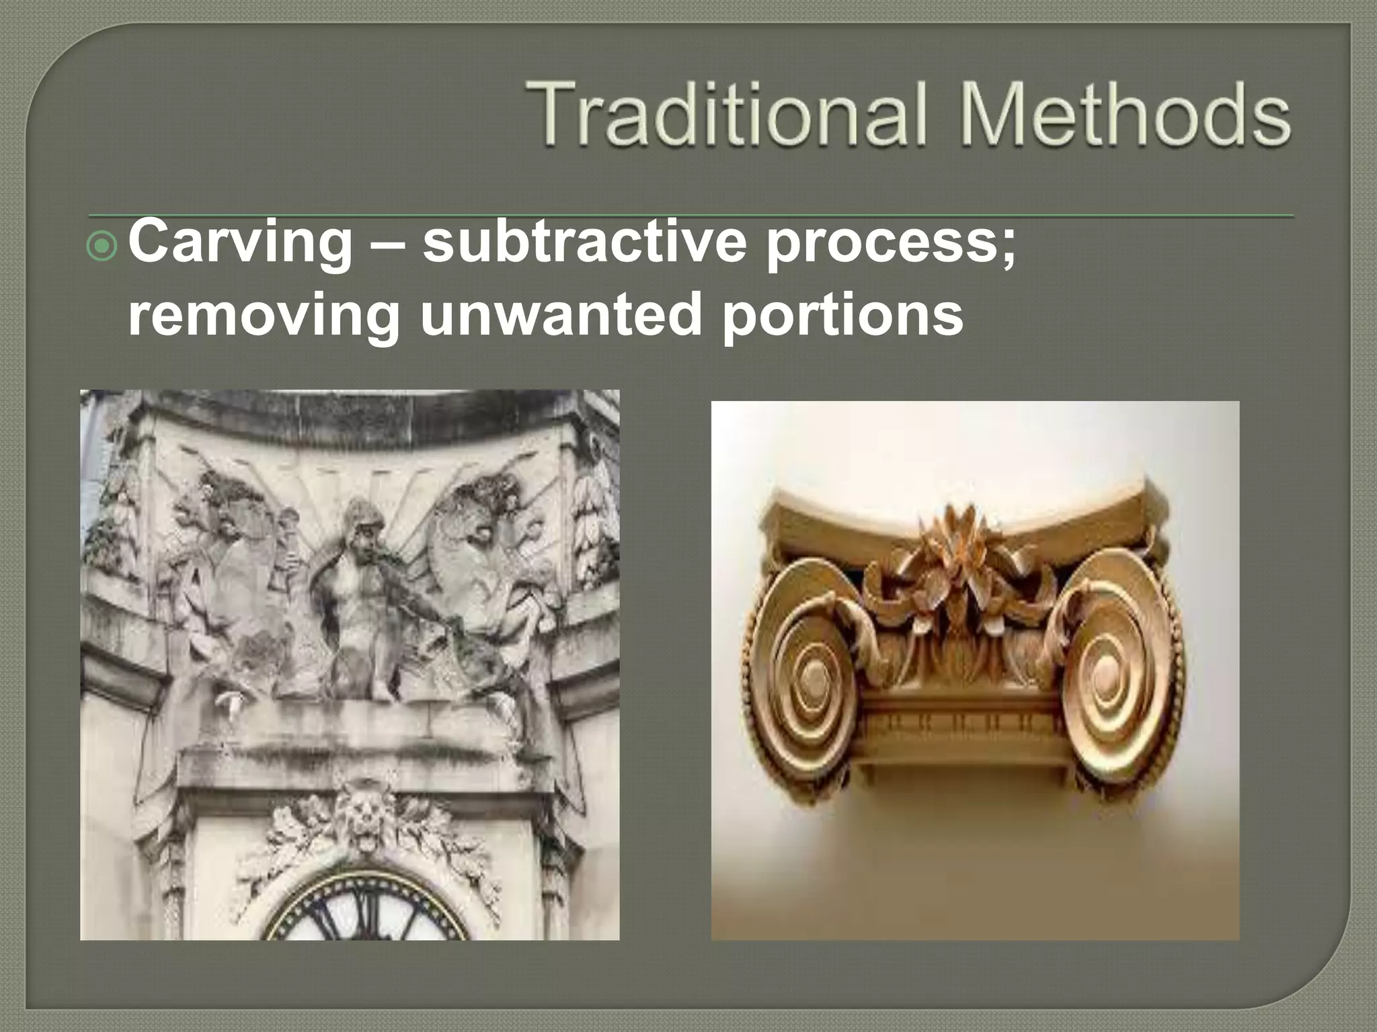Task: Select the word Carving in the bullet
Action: pos(240,242)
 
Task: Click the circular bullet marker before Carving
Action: pos(103,247)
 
